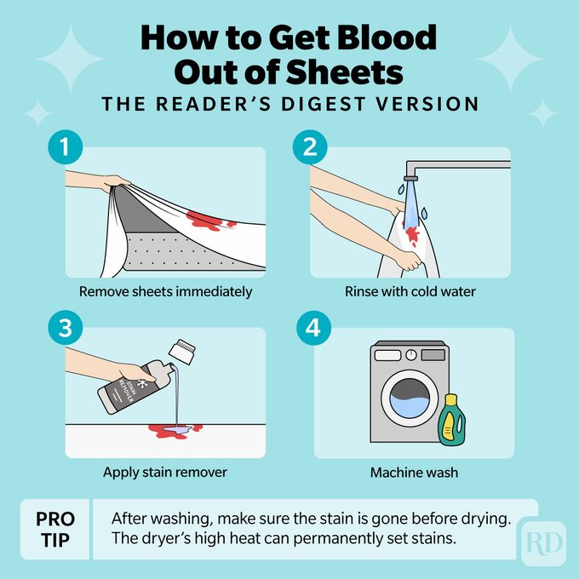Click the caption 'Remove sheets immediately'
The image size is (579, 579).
165,291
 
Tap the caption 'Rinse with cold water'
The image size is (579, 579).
410,291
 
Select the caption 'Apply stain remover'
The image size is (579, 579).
165,471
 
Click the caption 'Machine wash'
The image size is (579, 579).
410,471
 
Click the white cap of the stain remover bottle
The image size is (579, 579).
182,349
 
